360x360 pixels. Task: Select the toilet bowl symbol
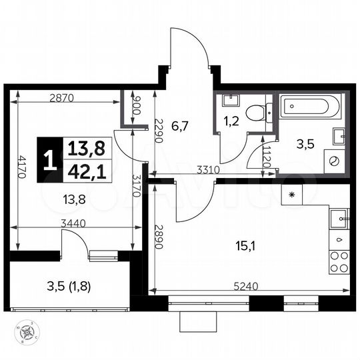(x=257, y=111)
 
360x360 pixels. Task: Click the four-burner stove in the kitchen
(x=339, y=262)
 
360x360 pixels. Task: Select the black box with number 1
(x=49, y=160)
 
